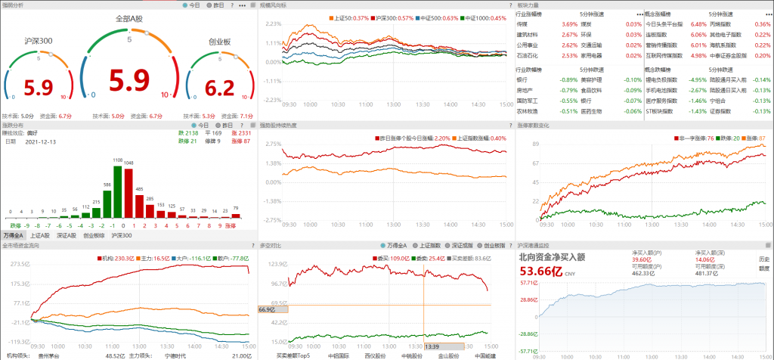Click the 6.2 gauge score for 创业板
(220, 88)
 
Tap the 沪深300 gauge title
(38, 42)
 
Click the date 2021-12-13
(41, 141)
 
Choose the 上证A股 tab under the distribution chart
(41, 236)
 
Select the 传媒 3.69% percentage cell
(548, 24)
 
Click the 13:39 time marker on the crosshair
(432, 346)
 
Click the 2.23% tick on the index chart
(273, 23)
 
